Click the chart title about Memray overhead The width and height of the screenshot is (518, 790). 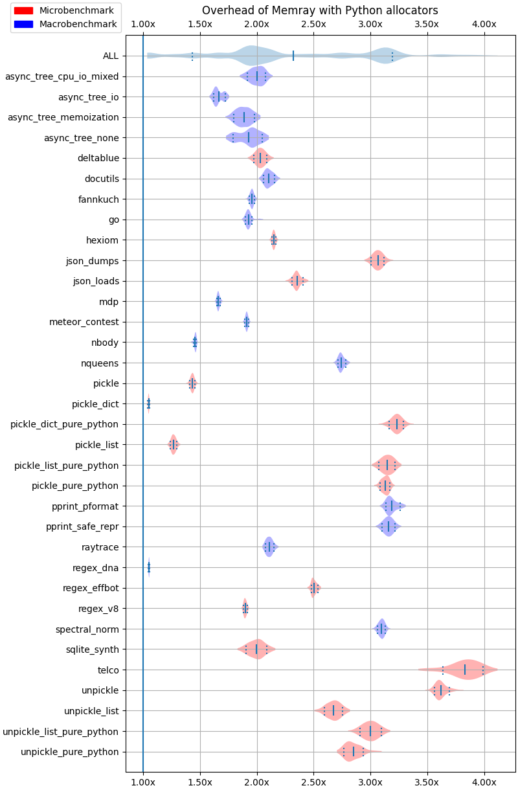[320, 10]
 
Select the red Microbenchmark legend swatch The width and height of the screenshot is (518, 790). [23, 10]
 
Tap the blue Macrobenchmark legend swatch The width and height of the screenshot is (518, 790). [23, 24]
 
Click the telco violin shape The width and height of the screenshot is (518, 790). [465, 670]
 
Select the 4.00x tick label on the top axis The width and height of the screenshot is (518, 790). [484, 24]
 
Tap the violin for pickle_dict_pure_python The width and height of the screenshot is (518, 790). [397, 424]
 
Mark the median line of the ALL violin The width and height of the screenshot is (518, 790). [293, 56]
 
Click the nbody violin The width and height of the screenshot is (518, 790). [195, 343]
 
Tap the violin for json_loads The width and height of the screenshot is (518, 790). [297, 281]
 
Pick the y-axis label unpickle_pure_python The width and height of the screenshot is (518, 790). [70, 752]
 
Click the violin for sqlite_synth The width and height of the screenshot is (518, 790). [257, 649]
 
